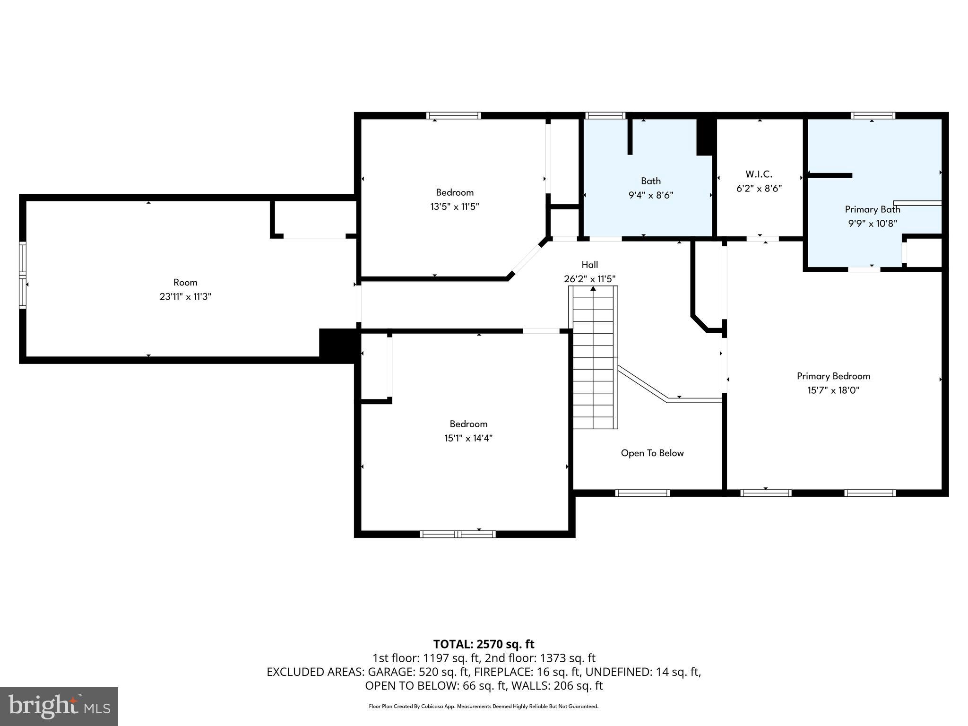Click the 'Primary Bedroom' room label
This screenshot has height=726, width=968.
[x=833, y=376]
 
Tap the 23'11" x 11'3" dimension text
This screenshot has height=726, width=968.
[x=185, y=297]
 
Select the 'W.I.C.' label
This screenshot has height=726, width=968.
[x=759, y=174]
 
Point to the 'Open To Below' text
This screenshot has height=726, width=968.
[x=652, y=453]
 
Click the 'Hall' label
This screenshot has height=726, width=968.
[x=589, y=265]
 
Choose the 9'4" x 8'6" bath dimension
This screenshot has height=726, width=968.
[x=650, y=195]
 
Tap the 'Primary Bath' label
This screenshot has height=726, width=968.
[x=872, y=209]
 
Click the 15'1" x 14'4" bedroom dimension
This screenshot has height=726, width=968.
[x=468, y=438]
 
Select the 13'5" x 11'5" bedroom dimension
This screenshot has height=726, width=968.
[x=454, y=207]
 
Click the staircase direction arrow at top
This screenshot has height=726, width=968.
[x=593, y=289]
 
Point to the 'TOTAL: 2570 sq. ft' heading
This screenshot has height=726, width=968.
[x=484, y=644]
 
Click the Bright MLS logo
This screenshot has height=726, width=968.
[x=59, y=707]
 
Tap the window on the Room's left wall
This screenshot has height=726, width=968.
[x=22, y=275]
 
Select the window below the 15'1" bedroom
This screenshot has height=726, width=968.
[x=458, y=534]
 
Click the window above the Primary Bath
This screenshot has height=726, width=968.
[x=873, y=115]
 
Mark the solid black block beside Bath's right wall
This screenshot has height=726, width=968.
[x=704, y=136]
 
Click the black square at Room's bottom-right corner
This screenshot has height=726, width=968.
[x=337, y=345]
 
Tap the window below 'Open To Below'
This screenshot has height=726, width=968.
[x=642, y=493]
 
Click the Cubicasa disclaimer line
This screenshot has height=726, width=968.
[x=484, y=707]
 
